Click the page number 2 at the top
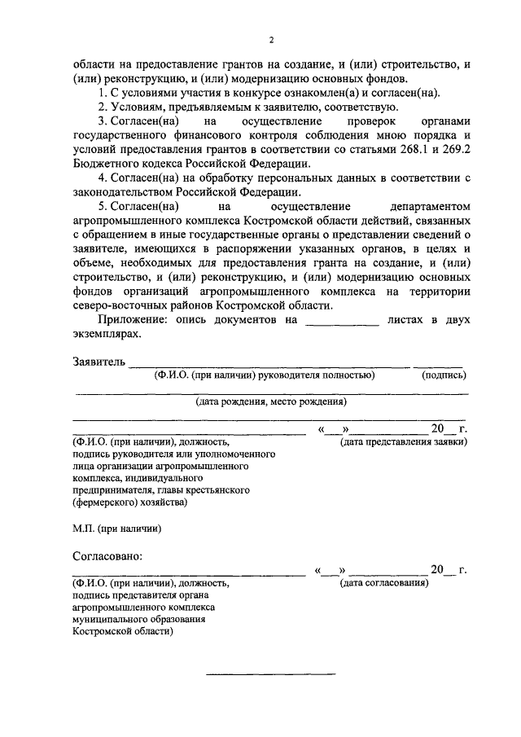(272, 41)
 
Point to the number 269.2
(454, 150)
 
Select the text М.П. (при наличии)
(116, 529)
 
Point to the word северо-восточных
(120, 305)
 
